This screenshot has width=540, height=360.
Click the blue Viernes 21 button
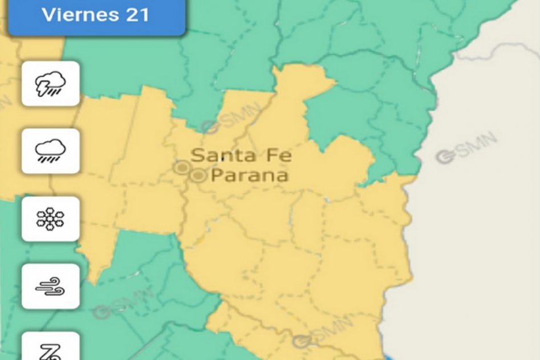pyautogui.click(x=95, y=16)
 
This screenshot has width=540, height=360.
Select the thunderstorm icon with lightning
pyautogui.click(x=50, y=84)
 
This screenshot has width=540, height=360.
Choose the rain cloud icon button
pyautogui.click(x=50, y=151)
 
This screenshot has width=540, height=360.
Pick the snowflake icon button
pyautogui.click(x=50, y=219)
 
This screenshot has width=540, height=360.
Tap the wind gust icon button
pyautogui.click(x=50, y=286)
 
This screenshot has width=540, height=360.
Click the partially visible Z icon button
pyautogui.click(x=50, y=349)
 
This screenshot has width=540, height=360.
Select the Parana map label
pyautogui.click(x=249, y=175)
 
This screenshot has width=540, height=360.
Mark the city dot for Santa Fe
pyautogui.click(x=182, y=167)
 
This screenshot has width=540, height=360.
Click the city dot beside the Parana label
pyautogui.click(x=198, y=176)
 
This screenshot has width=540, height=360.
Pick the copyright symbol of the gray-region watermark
pyautogui.click(x=445, y=157)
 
